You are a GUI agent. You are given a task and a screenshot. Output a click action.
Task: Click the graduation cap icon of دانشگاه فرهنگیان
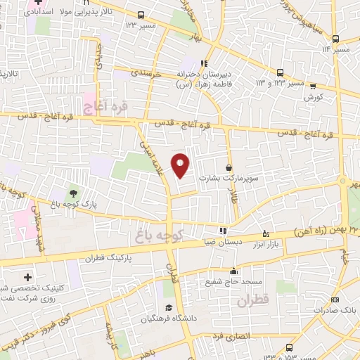pos(169,308)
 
